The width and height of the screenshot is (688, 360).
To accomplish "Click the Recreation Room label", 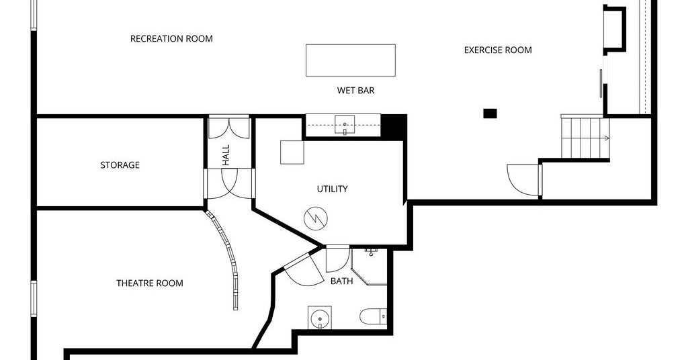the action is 171,38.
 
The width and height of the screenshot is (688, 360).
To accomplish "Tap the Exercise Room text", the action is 498,50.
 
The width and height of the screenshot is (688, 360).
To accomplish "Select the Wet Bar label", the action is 356,90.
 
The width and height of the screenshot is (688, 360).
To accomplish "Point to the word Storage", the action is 120,165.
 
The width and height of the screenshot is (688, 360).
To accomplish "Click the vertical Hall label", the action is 226,155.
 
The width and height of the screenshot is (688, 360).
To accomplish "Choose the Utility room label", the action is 332,189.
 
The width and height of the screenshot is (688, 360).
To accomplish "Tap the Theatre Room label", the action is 150,283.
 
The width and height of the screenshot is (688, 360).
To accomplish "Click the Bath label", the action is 342,281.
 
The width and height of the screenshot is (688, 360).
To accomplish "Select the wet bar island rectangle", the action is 351,60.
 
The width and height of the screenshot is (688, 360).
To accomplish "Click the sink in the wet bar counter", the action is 345,124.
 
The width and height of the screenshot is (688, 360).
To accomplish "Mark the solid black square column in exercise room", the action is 490,114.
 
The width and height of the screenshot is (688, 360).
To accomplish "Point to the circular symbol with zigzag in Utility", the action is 316,218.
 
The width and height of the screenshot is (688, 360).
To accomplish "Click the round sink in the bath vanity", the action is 319,318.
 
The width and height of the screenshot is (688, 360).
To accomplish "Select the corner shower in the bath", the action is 369,267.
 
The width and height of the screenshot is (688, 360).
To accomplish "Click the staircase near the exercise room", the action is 585,136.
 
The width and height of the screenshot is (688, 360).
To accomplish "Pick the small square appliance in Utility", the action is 292,152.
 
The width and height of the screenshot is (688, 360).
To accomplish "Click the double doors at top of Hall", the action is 228,127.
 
